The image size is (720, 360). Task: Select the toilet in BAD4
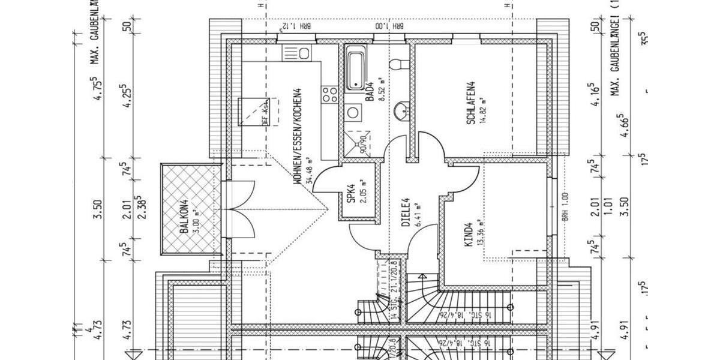(398, 64)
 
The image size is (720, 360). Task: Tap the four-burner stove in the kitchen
(329, 94)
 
